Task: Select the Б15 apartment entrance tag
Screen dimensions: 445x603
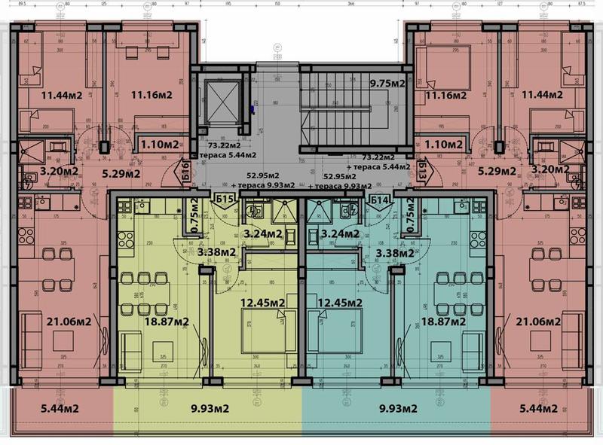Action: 224,200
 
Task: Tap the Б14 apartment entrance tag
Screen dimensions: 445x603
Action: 380,200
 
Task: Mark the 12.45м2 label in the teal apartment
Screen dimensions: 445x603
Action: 339,303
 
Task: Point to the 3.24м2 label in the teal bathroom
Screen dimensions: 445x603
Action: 339,234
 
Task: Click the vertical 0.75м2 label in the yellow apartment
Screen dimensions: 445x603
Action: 194,215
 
